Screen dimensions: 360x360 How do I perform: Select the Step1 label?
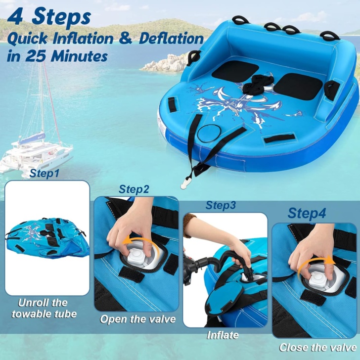[45, 174]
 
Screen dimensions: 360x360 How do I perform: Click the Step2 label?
[134, 189]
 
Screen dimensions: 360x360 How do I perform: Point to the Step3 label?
[221, 205]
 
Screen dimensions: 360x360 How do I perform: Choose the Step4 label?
[307, 214]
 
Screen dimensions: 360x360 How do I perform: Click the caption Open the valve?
[138, 319]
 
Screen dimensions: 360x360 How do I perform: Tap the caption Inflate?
[222, 335]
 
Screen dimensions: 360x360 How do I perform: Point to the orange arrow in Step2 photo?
[133, 242]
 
